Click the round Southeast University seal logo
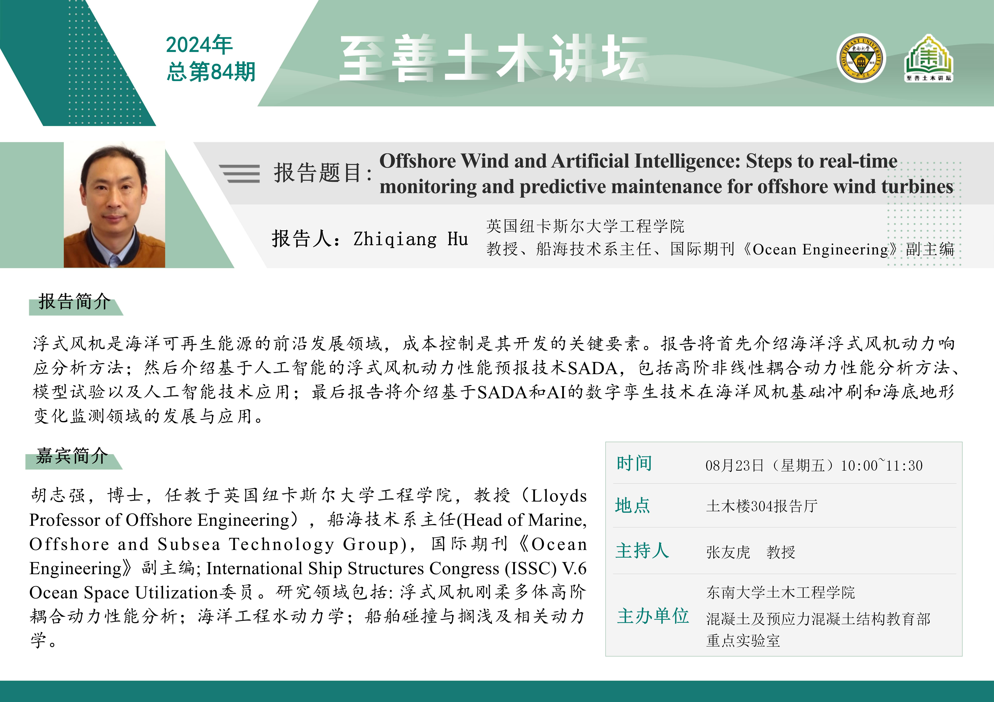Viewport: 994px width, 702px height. pyautogui.click(x=862, y=58)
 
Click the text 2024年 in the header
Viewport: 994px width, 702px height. pyautogui.click(x=199, y=45)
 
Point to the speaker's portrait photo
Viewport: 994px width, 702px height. pyautogui.click(x=114, y=205)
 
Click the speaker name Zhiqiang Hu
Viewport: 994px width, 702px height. pyautogui.click(x=410, y=239)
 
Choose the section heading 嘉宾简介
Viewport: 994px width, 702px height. pyautogui.click(x=72, y=456)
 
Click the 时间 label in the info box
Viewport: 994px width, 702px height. pyautogui.click(x=634, y=463)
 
